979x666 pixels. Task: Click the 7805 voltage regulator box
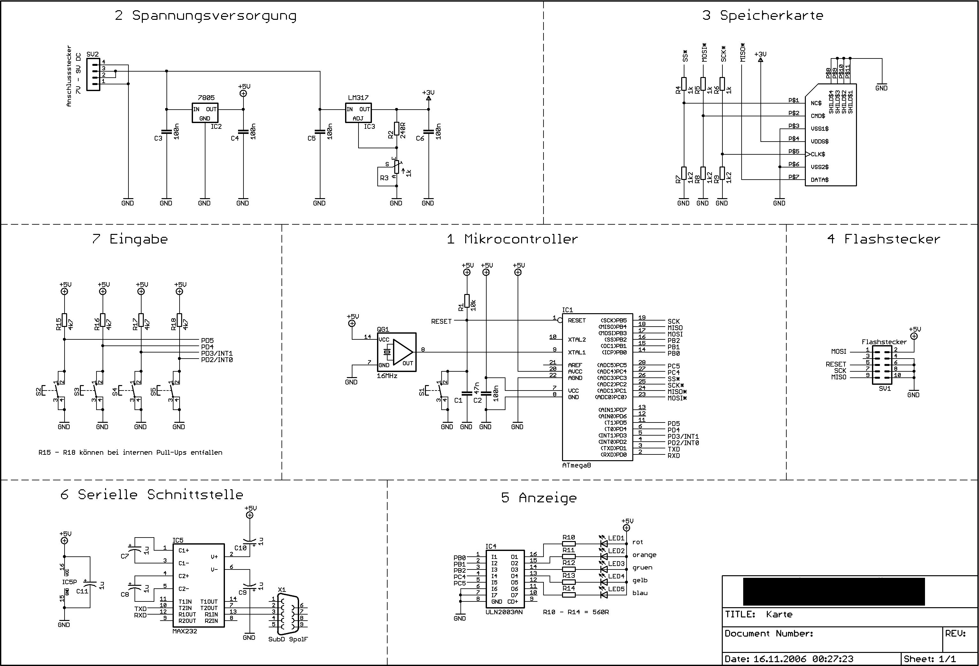pyautogui.click(x=205, y=113)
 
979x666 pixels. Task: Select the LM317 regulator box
pyautogui.click(x=358, y=113)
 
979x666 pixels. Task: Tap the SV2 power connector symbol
pyautogui.click(x=93, y=74)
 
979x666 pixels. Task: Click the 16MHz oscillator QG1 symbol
pyautogui.click(x=397, y=352)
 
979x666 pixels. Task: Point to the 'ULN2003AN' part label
pyautogui.click(x=504, y=612)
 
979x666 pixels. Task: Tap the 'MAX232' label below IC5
pyautogui.click(x=184, y=631)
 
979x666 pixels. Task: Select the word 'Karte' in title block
pyautogui.click(x=779, y=614)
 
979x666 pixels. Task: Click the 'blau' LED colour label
pyautogui.click(x=640, y=593)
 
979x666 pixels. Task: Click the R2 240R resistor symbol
pyautogui.click(x=397, y=128)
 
